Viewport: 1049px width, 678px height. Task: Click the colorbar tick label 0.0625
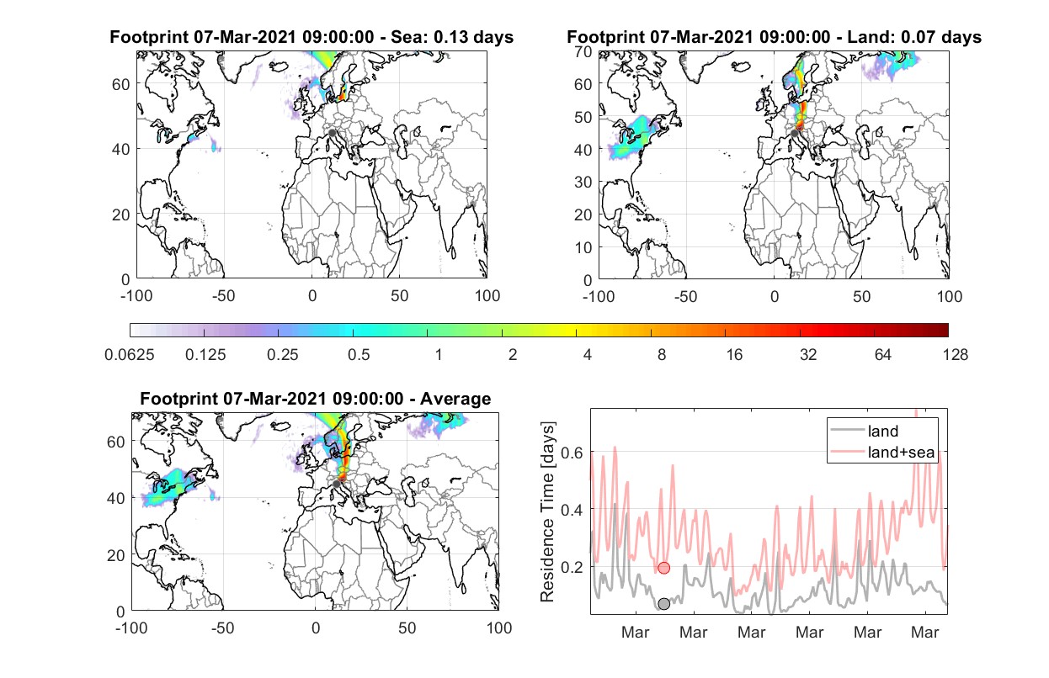[x=130, y=355]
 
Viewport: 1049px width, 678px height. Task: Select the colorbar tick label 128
[x=955, y=355]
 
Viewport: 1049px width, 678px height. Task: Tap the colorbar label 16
[x=734, y=355]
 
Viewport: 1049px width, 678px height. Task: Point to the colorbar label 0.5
[x=359, y=355]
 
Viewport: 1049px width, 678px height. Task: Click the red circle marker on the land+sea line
[x=663, y=568]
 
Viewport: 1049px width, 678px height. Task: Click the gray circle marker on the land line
[x=663, y=604]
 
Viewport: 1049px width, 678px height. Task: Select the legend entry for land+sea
[x=882, y=452]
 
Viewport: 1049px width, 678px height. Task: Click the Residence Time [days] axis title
[x=547, y=511]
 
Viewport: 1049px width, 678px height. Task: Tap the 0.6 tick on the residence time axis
[x=572, y=453]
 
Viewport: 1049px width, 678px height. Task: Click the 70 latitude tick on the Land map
[x=583, y=51]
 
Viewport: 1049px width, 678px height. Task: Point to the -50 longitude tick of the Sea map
[x=223, y=296]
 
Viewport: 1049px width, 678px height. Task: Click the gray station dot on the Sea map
[x=332, y=133]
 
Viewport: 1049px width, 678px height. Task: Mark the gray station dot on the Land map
[x=794, y=134]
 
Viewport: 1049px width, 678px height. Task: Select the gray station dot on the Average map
[x=336, y=484]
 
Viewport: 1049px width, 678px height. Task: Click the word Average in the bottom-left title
[x=455, y=399]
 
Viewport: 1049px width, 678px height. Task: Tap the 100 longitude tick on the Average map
[x=499, y=628]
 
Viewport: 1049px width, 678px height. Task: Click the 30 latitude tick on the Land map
[x=583, y=182]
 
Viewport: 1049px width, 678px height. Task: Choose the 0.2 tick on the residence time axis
[x=572, y=567]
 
